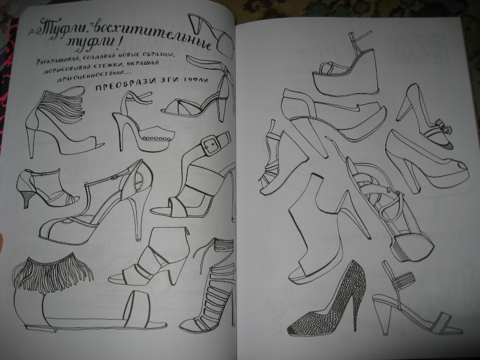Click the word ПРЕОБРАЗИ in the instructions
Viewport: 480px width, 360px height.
coord(125,86)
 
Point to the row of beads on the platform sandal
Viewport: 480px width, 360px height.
coord(156,139)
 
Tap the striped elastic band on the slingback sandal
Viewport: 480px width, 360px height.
coord(403,281)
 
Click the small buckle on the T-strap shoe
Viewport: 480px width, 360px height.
coord(115,177)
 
